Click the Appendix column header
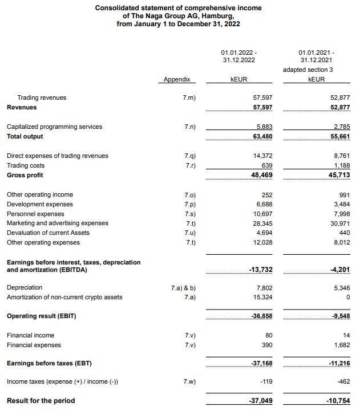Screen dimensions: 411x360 pos(176,80)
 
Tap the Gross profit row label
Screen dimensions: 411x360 pos(25,175)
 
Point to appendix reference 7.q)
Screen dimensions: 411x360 pos(190,156)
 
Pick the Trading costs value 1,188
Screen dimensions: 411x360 pos(340,165)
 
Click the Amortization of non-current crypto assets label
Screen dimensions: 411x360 pos(64,297)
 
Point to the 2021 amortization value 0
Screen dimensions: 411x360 pos(347,297)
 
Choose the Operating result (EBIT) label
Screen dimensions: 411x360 pos(41,316)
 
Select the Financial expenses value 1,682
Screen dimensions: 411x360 pos(340,345)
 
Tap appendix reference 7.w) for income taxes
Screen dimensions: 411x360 pos(190,381)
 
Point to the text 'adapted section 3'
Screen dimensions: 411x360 pos(315,70)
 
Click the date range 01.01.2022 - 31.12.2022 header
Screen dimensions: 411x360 pos(238,55)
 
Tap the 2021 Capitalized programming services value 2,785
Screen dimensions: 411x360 pos(340,127)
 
